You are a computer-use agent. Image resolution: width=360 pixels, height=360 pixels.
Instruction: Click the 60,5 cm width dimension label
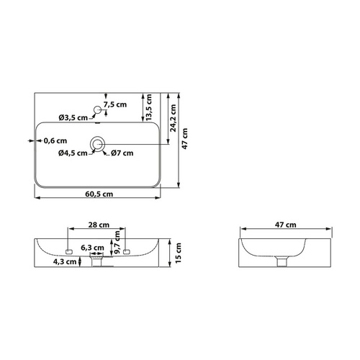(x=99, y=194)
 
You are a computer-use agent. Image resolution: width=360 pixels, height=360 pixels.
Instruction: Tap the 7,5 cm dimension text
(x=115, y=104)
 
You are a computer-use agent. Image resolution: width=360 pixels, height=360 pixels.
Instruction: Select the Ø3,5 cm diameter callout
(x=73, y=117)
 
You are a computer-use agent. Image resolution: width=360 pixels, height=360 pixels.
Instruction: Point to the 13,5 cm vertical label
(x=149, y=107)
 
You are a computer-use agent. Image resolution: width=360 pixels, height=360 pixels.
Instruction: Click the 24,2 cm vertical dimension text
(x=173, y=118)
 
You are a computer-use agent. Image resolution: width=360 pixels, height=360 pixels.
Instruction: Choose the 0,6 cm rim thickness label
(x=55, y=141)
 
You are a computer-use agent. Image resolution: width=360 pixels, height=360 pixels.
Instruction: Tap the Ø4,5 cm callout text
(x=73, y=153)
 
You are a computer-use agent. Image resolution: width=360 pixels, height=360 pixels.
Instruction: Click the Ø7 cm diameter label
(x=122, y=153)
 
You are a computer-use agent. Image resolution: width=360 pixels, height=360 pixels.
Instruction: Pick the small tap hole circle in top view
(x=97, y=109)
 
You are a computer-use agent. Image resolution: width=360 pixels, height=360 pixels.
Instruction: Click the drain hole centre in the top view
(x=97, y=144)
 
